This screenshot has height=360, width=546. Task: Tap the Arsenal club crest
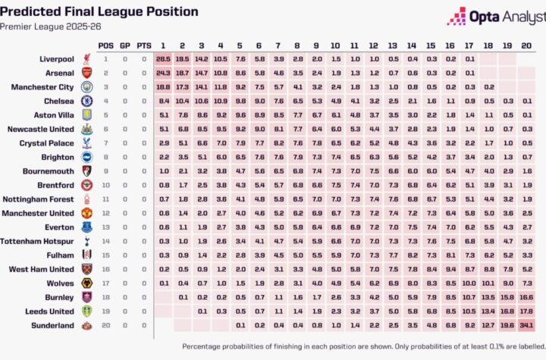click(87, 73)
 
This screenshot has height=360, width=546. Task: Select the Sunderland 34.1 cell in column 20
click(526, 325)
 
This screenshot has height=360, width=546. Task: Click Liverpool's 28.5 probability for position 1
click(163, 58)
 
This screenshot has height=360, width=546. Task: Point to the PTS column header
click(143, 45)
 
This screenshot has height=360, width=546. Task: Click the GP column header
click(124, 45)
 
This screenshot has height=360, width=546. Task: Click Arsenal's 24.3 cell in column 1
click(163, 73)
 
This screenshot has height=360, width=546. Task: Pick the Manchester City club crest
click(87, 87)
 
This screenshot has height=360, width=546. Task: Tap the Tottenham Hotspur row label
click(42, 241)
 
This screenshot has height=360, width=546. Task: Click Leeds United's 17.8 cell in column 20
click(526, 311)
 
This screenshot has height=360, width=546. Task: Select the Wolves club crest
click(87, 283)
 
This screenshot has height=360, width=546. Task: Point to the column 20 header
click(526, 45)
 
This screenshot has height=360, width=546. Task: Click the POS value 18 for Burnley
click(105, 297)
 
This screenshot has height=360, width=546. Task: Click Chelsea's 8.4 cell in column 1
click(163, 101)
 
